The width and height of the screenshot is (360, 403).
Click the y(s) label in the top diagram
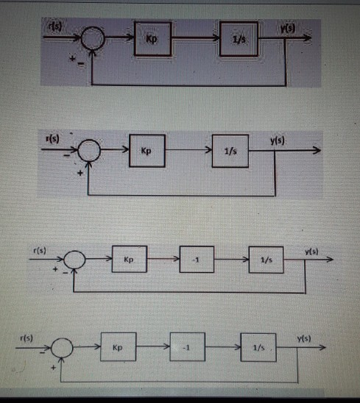click(288, 28)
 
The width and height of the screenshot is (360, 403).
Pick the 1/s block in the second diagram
click(230, 151)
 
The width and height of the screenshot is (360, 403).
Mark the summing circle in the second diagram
click(88, 151)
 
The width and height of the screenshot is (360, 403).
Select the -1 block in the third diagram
click(196, 260)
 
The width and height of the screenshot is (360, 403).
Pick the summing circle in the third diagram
click(75, 260)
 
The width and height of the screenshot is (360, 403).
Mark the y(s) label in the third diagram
click(311, 251)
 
